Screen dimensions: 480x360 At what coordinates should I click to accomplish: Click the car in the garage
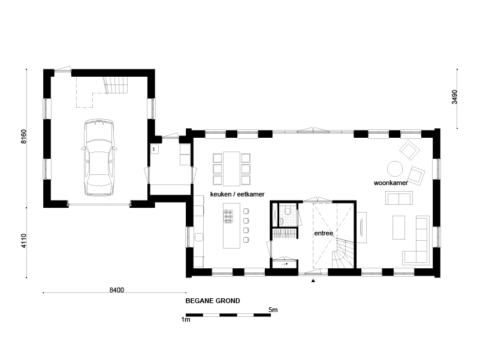point(99,158)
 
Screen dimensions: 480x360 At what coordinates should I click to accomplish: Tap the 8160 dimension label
point(23,136)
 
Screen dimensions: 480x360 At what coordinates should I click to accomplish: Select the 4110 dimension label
point(23,241)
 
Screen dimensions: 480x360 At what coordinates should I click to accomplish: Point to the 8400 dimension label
point(117,289)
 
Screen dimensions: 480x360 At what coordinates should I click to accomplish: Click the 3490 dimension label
point(454,96)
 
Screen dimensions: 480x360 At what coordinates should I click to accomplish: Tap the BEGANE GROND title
point(213,301)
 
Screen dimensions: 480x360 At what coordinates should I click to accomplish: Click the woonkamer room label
point(391,183)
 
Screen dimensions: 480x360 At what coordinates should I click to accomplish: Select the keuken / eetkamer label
point(237,194)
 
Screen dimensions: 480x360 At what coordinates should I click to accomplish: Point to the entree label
point(323,233)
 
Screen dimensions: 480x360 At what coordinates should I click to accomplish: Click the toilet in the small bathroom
point(288,211)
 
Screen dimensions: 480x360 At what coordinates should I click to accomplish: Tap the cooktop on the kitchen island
point(228,216)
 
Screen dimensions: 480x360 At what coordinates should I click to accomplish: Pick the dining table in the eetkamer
point(231,169)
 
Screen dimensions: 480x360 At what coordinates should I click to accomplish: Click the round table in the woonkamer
point(395,169)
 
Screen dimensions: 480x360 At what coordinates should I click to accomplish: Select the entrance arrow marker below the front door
point(313,280)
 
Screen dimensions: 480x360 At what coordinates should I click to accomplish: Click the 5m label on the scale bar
point(273,310)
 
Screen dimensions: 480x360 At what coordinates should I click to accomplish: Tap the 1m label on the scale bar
point(186,320)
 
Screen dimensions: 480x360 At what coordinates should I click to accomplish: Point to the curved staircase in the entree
point(343,254)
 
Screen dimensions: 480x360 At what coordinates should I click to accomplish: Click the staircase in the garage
point(116,85)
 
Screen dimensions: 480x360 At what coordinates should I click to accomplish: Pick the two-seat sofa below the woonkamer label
point(399,198)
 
